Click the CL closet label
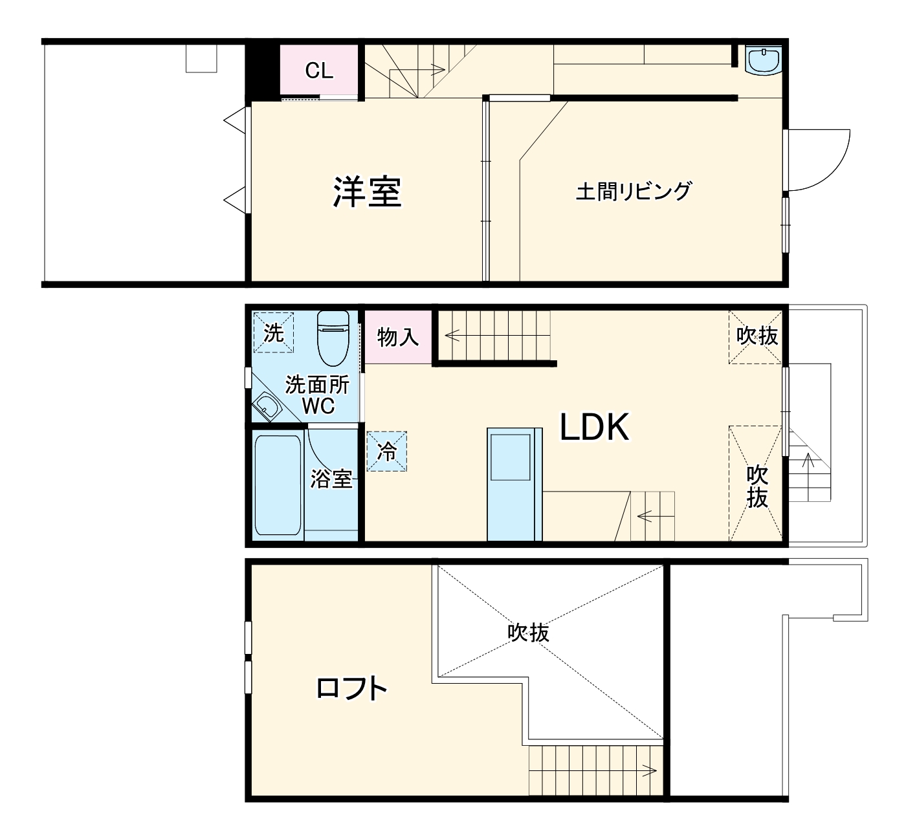(319, 71)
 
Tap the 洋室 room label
(368, 191)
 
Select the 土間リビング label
(634, 191)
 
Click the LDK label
(594, 427)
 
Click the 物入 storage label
(398, 337)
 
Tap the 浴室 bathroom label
(331, 479)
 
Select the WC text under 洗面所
(318, 406)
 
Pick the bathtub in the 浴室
(278, 484)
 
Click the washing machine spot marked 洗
(273, 333)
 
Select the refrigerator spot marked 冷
(387, 451)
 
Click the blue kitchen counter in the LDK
(514, 484)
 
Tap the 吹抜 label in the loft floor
(528, 632)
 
